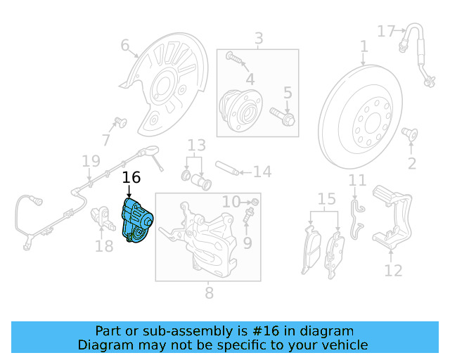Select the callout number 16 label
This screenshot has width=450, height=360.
(x=131, y=178)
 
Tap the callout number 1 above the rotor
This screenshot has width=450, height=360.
(x=364, y=47)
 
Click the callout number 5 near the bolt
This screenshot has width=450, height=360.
(x=287, y=92)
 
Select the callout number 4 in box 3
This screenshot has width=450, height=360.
(x=250, y=79)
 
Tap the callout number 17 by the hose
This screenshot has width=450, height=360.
(x=387, y=31)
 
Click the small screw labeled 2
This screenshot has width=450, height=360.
(x=409, y=134)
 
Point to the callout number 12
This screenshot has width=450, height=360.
(x=394, y=270)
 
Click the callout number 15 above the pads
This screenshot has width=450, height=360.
(x=327, y=199)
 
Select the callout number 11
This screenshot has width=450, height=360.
(x=358, y=180)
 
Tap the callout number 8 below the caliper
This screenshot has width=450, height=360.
(x=209, y=292)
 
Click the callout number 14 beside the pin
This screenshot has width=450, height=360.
(x=262, y=172)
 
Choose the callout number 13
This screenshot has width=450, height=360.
(x=196, y=146)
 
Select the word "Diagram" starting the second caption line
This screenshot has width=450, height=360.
(x=104, y=345)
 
